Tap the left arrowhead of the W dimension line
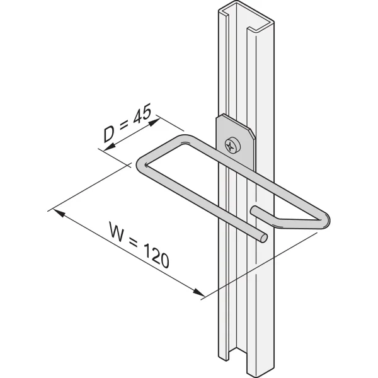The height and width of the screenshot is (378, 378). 59,213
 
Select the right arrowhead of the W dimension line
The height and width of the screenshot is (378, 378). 198,292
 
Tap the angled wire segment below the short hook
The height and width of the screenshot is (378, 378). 296,224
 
